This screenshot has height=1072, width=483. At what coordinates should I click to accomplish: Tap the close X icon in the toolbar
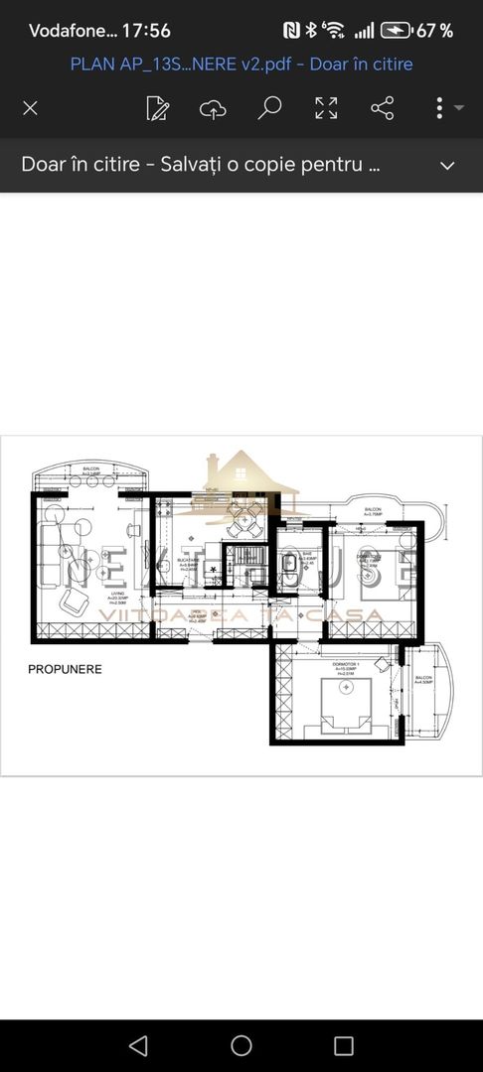click(30, 108)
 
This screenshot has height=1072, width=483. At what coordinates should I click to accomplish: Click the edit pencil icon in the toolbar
click(157, 108)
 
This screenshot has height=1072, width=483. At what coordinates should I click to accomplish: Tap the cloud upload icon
click(213, 108)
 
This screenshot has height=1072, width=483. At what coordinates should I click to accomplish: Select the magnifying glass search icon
click(269, 108)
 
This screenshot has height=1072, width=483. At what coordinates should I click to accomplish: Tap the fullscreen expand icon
click(326, 108)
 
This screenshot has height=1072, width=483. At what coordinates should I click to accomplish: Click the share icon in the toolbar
click(382, 108)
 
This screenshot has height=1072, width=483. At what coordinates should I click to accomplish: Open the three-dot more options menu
click(439, 108)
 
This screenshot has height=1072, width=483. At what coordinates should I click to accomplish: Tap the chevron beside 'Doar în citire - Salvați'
click(447, 165)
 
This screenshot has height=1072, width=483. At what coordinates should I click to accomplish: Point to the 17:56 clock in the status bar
click(146, 31)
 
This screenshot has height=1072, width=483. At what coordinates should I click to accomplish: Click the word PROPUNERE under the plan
click(65, 669)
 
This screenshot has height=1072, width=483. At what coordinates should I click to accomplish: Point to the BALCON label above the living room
click(90, 471)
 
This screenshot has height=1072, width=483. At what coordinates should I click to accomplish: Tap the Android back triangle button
click(139, 1045)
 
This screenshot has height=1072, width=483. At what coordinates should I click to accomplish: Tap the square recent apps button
click(344, 1045)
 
